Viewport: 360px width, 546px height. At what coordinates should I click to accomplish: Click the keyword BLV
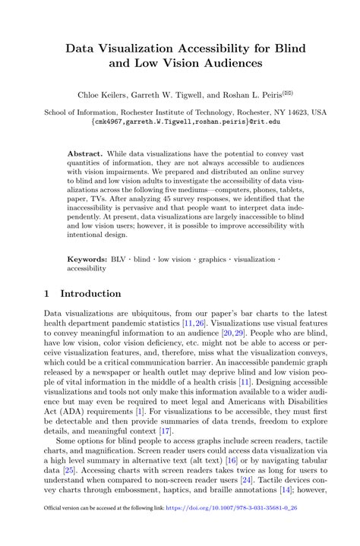pyautogui.click(x=118, y=259)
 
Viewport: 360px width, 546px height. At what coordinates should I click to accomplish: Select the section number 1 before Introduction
pyautogui.click(x=47, y=293)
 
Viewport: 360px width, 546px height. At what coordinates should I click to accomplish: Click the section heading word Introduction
pyautogui.click(x=90, y=293)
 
